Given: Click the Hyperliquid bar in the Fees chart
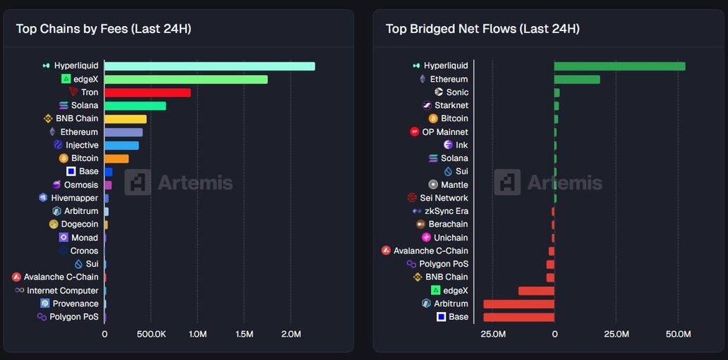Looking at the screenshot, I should point(210,66).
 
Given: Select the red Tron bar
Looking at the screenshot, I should point(147,92).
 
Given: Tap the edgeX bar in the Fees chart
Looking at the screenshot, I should point(186,79).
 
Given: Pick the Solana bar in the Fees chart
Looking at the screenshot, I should point(135,106).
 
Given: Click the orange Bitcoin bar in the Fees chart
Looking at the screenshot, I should point(116,159).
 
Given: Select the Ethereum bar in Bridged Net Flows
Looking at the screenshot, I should point(577,80).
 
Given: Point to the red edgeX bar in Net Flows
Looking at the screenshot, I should point(536,291).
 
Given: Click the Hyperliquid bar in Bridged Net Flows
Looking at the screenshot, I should point(619,66).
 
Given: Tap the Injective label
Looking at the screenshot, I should point(82,145).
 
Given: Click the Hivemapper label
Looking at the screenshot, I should point(74,198).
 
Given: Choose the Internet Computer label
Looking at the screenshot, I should point(63,291).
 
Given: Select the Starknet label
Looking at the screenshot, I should point(451,106).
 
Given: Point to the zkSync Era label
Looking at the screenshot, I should point(446,211).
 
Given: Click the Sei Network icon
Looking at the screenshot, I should point(413,198).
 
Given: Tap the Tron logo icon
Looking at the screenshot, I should point(74,92).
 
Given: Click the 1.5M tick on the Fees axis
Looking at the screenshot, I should point(244,334).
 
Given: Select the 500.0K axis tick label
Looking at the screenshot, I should point(151,334).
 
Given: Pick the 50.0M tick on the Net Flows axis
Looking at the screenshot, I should point(678,334).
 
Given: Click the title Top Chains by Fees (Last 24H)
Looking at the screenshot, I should point(104,29).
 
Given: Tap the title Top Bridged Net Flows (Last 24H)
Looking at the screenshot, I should point(483,29).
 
